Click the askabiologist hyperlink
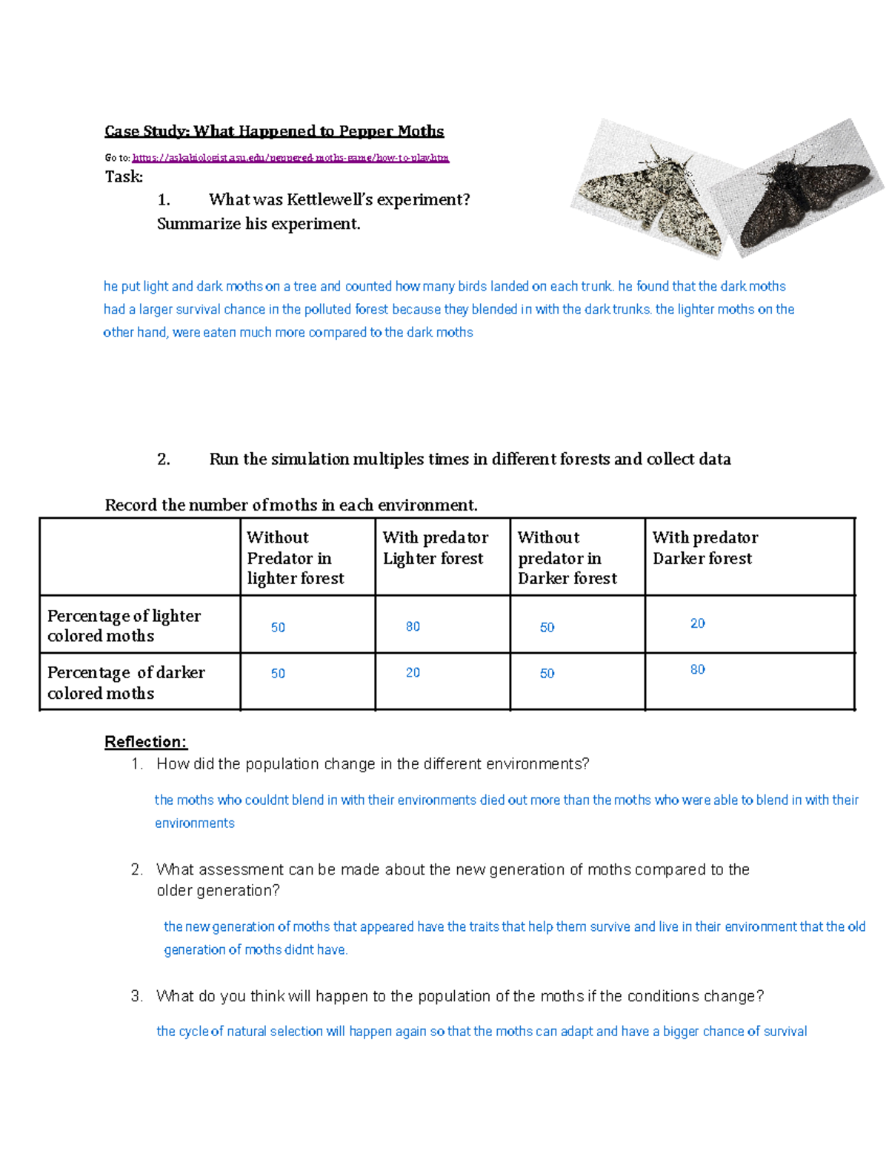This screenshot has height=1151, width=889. click(x=290, y=158)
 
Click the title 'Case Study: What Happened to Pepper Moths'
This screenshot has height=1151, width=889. click(x=274, y=131)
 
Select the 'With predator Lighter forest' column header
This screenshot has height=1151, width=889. click(x=436, y=548)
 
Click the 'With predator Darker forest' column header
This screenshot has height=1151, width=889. click(x=705, y=548)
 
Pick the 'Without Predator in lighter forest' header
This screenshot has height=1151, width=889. click(x=295, y=557)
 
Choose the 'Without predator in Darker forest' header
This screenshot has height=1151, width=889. click(x=567, y=557)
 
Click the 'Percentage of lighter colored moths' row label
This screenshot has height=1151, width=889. click(x=124, y=626)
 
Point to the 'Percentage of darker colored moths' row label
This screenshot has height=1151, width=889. click(x=126, y=683)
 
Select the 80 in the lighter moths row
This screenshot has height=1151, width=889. click(x=413, y=626)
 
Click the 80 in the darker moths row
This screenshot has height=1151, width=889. click(x=697, y=669)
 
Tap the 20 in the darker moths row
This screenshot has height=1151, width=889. click(x=413, y=672)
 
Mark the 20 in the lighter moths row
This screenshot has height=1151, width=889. click(x=697, y=623)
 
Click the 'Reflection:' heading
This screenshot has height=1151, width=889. click(x=146, y=742)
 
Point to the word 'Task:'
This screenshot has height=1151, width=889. click(x=124, y=176)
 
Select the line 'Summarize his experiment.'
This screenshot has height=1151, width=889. click(x=259, y=224)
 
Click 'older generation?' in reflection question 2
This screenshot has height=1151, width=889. click(x=218, y=890)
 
